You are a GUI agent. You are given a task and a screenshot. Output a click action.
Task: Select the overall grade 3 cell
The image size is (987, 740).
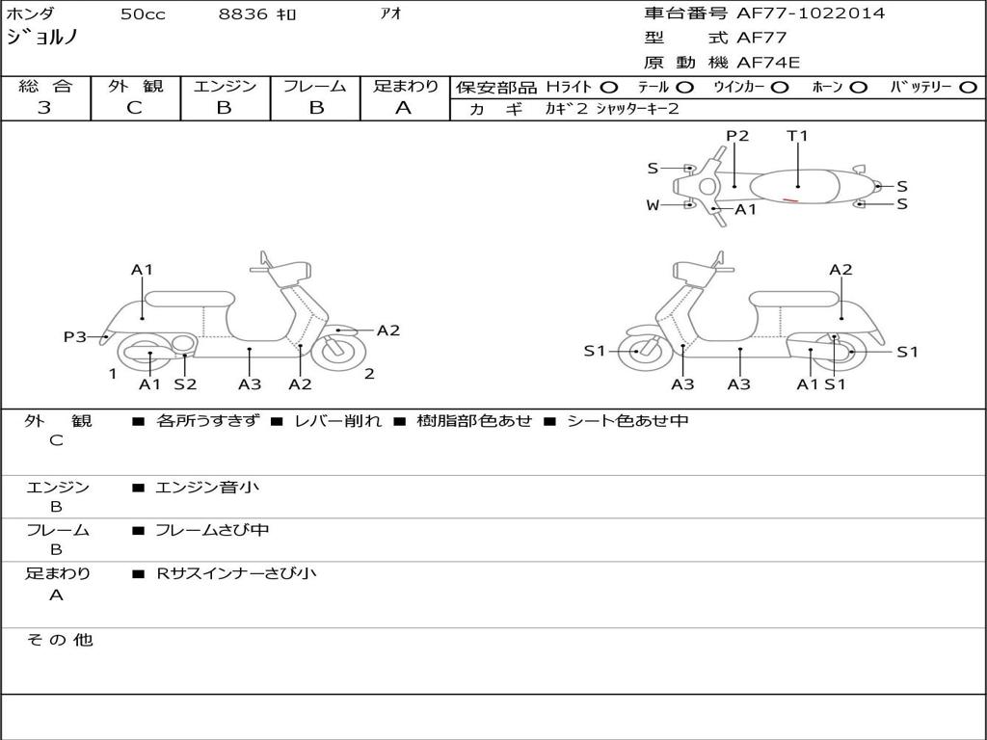[44, 108]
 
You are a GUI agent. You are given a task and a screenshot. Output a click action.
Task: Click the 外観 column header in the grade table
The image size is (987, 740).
[135, 86]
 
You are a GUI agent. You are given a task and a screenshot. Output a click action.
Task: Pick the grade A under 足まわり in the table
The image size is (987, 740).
[403, 108]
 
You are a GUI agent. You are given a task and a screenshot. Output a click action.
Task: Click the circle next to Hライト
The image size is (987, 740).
[609, 87]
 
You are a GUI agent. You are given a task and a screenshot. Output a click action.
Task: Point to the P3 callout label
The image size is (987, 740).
[74, 336]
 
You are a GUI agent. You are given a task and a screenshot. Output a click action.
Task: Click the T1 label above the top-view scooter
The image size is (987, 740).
[797, 136]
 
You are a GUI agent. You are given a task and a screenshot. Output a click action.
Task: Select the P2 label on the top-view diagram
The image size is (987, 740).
[737, 136]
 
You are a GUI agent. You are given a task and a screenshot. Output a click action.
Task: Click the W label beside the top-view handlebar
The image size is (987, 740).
[654, 204]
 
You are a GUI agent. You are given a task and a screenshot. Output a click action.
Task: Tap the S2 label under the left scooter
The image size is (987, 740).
[185, 384]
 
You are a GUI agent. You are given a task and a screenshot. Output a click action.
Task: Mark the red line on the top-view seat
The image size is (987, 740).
[790, 200]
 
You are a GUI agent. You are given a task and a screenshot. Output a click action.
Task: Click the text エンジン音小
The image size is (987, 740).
[207, 488]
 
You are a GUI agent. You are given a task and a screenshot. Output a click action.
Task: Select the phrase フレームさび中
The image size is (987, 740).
[212, 530]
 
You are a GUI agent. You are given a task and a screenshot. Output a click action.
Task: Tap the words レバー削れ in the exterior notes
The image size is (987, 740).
[337, 421]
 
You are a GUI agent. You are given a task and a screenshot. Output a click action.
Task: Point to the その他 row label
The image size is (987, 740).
[59, 640]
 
